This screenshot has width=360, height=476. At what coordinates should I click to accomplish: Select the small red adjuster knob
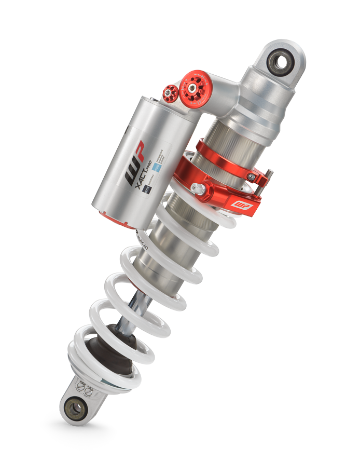pos(170,94)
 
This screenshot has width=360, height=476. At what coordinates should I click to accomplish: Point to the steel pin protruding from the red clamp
pos(269,174)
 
